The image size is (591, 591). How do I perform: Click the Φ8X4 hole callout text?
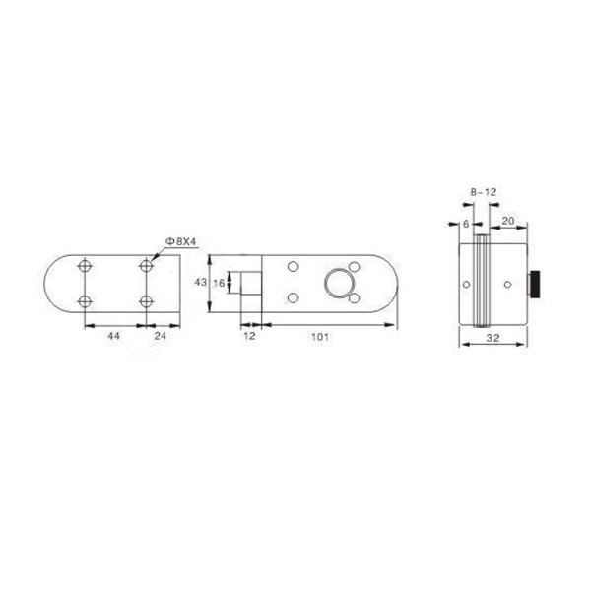point(181,241)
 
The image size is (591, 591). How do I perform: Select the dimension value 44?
point(114,335)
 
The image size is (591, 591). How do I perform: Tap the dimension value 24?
point(161,335)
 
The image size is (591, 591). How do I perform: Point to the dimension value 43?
point(201,282)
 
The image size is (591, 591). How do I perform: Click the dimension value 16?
point(219,283)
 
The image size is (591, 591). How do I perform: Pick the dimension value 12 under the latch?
point(249,336)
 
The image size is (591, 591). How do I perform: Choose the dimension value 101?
point(319,337)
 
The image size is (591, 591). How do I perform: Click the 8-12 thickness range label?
point(484,192)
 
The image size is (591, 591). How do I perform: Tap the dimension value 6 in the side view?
point(466,224)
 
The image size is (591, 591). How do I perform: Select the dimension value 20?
point(508,221)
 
